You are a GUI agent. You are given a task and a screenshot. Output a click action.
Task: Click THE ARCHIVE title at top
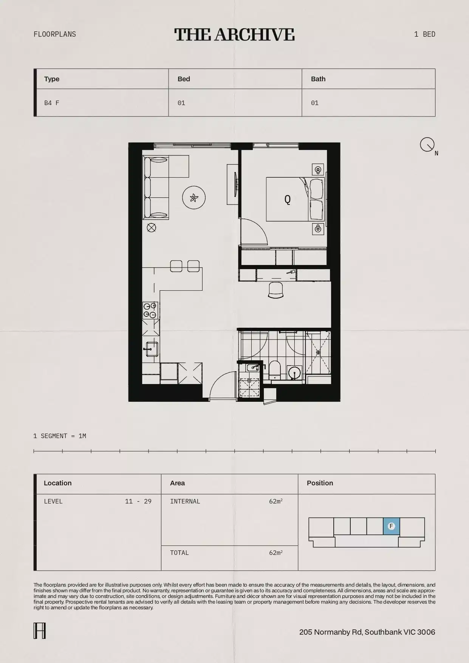coord(234,34)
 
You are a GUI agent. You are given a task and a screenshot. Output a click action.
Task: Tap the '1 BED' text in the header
coord(424,34)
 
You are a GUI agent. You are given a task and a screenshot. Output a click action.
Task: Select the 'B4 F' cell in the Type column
coord(52,103)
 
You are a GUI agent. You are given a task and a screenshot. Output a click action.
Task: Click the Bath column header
coord(318,79)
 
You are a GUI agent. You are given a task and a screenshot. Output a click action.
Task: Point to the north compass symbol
coord(427,144)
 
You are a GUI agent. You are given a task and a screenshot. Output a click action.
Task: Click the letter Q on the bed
coord(288,199)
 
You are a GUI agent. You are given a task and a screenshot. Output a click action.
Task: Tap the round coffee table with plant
coord(193,197)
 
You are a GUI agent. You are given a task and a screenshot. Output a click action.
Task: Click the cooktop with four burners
coord(150,310)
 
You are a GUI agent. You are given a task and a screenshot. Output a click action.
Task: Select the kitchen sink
coord(152,349)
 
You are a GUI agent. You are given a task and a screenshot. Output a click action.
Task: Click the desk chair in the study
coord(276,290)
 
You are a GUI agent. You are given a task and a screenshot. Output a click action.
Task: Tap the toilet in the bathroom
coord(275,369)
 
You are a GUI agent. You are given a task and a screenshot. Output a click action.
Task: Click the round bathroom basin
coord(294,372)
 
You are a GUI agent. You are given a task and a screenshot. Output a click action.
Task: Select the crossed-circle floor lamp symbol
coord(151,228)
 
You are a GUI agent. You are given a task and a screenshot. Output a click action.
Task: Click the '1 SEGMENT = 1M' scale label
coord(60,436)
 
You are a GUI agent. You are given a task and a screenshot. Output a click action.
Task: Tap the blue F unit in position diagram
coord(391,526)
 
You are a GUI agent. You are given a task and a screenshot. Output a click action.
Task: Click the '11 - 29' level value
coord(138,501)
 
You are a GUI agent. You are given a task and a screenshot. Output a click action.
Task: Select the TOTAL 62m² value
coord(276,553)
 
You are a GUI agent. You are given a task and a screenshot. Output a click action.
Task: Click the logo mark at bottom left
coord(40,631)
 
